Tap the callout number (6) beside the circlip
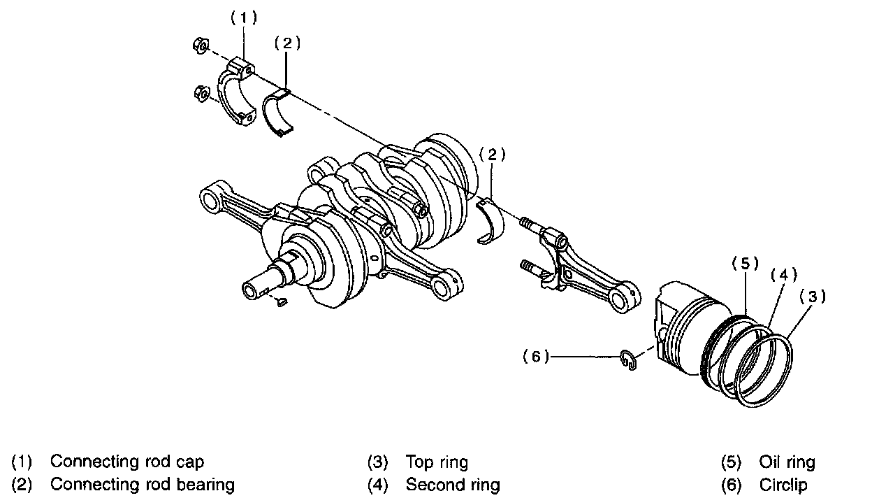pyautogui.click(x=536, y=357)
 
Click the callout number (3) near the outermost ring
pyautogui.click(x=812, y=297)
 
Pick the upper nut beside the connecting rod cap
pyautogui.click(x=198, y=47)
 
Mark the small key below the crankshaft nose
pyautogui.click(x=282, y=302)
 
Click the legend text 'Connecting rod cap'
pyautogui.click(x=127, y=462)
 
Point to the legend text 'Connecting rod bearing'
pyautogui.click(x=143, y=484)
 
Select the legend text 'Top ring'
pyautogui.click(x=437, y=462)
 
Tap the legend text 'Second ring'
pyautogui.click(x=453, y=484)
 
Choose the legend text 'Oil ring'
pyautogui.click(x=787, y=462)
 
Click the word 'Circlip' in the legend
pyautogui.click(x=783, y=484)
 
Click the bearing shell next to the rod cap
pyautogui.click(x=282, y=111)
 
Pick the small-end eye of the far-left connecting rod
pyautogui.click(x=212, y=200)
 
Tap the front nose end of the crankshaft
pyautogui.click(x=254, y=289)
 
